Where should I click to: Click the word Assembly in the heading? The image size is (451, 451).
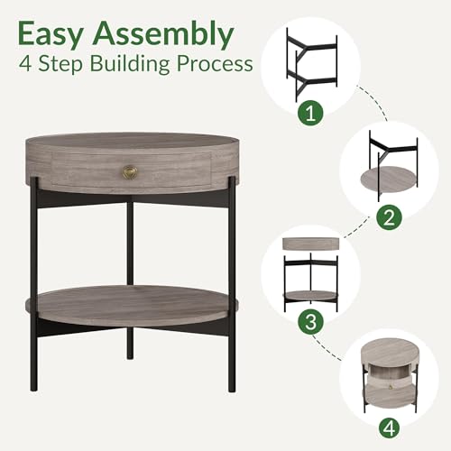tap(163, 34)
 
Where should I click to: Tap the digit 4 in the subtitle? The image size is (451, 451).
tap(25, 64)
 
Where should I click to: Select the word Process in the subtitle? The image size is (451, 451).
tap(215, 64)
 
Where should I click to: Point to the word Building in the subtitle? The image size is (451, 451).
tap(130, 64)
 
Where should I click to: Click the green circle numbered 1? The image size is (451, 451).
tap(310, 114)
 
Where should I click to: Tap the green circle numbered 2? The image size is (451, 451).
tap(390, 217)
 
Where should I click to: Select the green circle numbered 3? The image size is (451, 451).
tap(310, 321)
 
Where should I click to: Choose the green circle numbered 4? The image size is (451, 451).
tap(390, 428)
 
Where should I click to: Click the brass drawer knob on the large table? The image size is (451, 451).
tap(130, 171)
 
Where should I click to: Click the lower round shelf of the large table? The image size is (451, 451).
tap(133, 304)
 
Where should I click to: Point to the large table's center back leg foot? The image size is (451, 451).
tap(130, 357)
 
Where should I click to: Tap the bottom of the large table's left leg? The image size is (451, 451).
tap(33, 389)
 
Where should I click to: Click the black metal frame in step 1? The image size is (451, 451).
tap(312, 64)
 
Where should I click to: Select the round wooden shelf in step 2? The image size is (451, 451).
tap(388, 179)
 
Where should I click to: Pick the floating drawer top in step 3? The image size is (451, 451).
tap(311, 244)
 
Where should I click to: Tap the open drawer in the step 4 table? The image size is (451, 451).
tap(389, 381)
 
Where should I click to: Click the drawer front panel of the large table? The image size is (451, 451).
tap(132, 170)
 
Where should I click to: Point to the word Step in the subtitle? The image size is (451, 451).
tap(60, 64)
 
